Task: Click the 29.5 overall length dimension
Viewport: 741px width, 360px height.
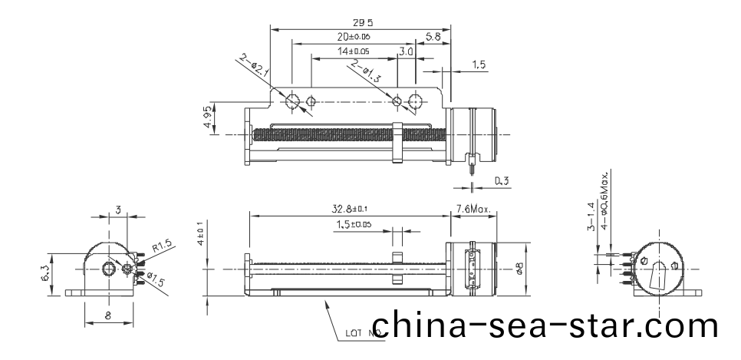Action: coord(354,22)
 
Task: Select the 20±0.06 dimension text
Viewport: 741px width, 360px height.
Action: coord(354,37)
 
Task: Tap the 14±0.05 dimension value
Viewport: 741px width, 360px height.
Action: coord(354,51)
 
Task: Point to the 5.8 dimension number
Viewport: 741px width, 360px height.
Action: coord(433,36)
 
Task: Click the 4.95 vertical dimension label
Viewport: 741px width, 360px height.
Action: coord(209,117)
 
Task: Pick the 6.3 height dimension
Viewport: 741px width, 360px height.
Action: coord(45,273)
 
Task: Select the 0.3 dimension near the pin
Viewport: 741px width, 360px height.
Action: coord(503,181)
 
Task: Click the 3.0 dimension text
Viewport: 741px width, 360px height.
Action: coord(407,51)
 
